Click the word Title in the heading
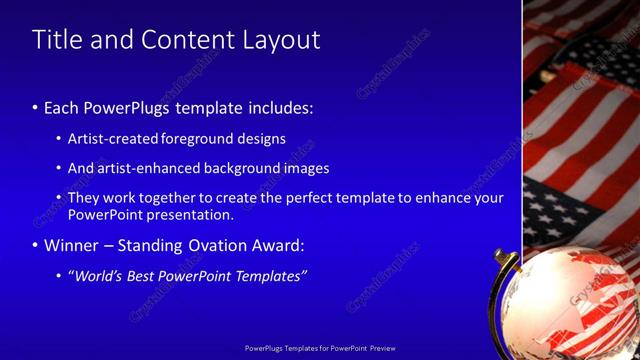click(58, 40)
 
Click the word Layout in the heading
click(282, 40)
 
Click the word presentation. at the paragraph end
click(189, 214)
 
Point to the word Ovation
click(220, 245)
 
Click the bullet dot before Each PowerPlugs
click(35, 107)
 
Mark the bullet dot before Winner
click(35, 245)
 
